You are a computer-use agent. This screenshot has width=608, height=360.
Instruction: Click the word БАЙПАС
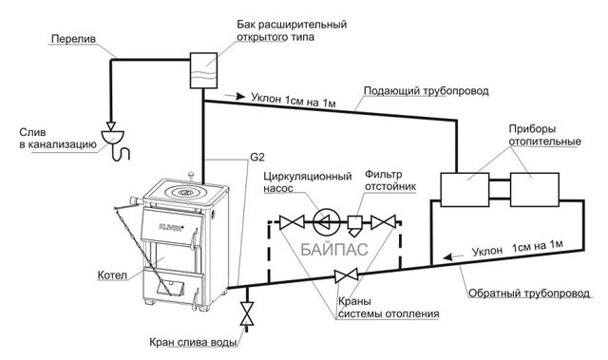[x=332, y=252]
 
